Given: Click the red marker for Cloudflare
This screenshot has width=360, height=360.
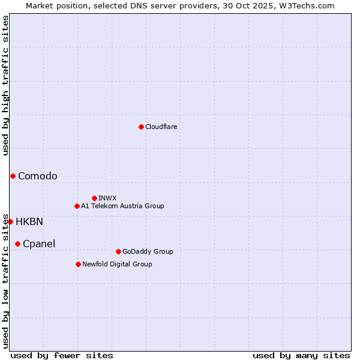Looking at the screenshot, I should tap(141, 127).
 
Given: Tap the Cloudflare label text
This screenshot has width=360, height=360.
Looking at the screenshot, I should tap(161, 127).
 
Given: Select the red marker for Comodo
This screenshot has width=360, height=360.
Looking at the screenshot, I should tap(13, 176).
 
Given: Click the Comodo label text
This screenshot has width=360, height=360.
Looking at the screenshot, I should tap(38, 176).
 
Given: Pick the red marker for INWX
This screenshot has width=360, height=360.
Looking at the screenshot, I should tap(94, 198).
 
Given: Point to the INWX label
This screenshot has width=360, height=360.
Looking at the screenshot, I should tap(107, 198).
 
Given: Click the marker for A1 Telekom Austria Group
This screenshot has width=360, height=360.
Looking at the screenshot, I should tap(77, 206).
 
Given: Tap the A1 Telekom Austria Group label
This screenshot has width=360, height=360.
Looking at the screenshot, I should tap(122, 206).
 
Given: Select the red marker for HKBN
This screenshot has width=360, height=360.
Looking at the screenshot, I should tap(10, 221).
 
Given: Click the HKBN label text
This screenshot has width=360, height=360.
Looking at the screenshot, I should tap(29, 221).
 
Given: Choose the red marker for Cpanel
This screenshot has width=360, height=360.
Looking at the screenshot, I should tap(17, 244).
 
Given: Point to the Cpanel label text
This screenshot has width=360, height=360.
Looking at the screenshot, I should tap(39, 244).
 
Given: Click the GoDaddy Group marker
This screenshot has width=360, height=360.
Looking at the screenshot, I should tap(118, 251).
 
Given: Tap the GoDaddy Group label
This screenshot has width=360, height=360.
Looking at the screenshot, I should tap(148, 251).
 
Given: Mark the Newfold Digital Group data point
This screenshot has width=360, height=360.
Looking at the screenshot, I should tap(78, 264).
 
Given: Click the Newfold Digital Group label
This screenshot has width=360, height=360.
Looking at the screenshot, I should tap(117, 264).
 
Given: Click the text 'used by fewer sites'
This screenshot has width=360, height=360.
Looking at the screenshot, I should tap(62, 355).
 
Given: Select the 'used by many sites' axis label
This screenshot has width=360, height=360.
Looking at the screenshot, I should tap(301, 355).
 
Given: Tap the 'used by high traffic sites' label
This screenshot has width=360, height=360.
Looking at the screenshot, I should tap(5, 85).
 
